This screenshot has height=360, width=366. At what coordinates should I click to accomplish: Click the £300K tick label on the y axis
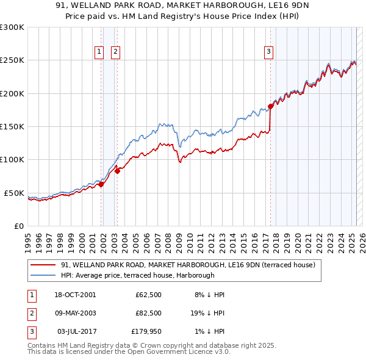tap(12, 27)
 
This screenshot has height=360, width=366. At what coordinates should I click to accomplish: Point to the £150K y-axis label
tap(12, 126)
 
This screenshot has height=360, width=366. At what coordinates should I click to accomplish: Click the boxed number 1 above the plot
tap(99, 52)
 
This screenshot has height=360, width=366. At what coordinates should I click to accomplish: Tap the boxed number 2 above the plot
tap(115, 52)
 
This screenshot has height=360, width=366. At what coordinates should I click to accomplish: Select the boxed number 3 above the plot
tap(268, 52)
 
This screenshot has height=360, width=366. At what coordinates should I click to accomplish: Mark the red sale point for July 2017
tap(270, 106)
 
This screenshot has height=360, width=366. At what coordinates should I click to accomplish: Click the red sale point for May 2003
tap(118, 171)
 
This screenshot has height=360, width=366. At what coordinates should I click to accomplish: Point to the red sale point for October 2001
tap(101, 184)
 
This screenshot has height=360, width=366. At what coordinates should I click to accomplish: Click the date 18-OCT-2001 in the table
tap(75, 295)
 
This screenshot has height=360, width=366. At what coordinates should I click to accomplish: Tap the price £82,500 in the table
tap(148, 313)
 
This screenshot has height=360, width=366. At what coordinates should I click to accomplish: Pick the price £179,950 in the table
tap(147, 331)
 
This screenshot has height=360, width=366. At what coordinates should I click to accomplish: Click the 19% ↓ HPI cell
tap(207, 313)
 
